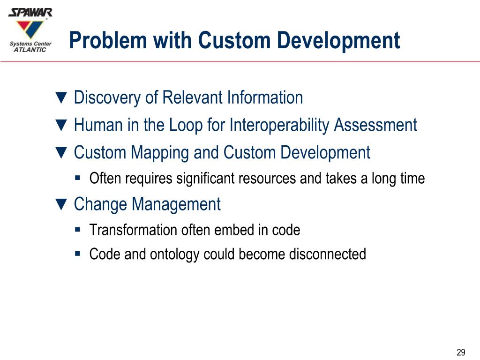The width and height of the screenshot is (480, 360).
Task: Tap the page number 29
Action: pos(461,352)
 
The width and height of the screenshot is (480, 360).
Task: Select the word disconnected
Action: pos(327,254)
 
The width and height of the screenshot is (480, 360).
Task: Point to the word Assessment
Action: pos(375,125)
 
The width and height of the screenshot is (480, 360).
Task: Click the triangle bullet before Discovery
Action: pos(61,98)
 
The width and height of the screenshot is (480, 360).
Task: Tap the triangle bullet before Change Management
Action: pos(61,205)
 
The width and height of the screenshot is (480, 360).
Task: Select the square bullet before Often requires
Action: pos(78,178)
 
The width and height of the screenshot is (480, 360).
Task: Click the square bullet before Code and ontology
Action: pos(78,254)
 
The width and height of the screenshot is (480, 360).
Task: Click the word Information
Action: pos(265,98)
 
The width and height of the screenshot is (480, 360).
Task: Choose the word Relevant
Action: pos(192,98)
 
